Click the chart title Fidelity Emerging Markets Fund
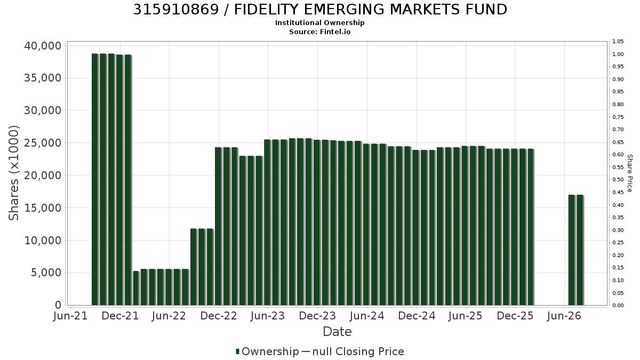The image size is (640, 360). [x=320, y=10]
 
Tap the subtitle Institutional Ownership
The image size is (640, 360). [x=319, y=23]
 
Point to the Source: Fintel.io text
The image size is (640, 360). [x=319, y=31]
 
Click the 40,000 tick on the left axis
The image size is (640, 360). [x=43, y=46]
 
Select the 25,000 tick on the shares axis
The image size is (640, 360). [x=43, y=143]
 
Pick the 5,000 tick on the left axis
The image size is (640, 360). [x=46, y=273]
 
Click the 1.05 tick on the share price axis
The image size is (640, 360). [x=618, y=42]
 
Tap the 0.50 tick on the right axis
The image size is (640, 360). [x=618, y=180]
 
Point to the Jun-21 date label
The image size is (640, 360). [x=70, y=316]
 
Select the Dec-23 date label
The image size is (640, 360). [x=317, y=316]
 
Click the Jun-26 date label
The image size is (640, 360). [x=564, y=316]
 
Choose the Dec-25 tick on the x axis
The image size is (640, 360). [x=515, y=316]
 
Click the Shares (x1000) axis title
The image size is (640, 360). [x=13, y=173]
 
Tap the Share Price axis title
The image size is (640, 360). [x=630, y=173]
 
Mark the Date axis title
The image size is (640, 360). [x=337, y=332]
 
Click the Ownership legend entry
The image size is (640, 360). [x=267, y=351]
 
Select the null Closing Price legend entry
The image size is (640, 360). [x=353, y=351]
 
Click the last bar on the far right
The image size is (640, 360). [x=580, y=250]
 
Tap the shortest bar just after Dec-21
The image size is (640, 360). [x=136, y=288]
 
